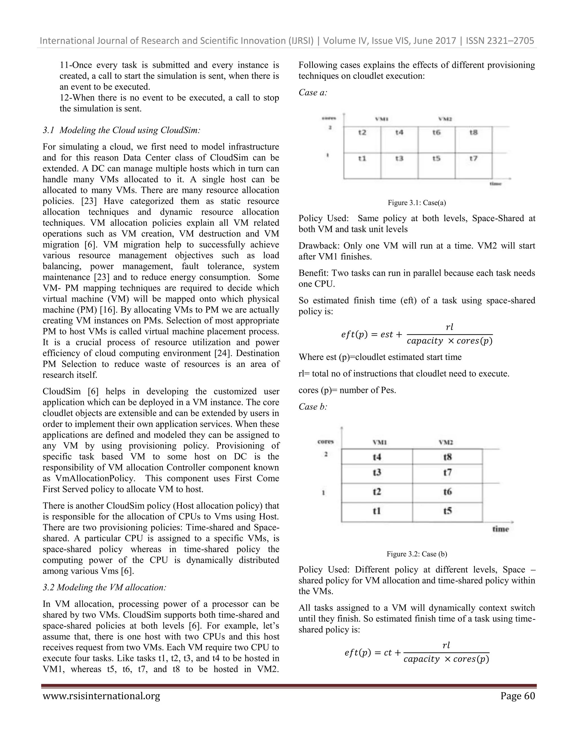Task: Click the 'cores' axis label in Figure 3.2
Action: (325, 441)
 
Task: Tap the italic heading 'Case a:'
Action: (313, 93)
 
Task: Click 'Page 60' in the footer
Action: (517, 696)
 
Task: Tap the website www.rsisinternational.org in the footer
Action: (101, 696)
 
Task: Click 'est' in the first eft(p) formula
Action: (387, 334)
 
